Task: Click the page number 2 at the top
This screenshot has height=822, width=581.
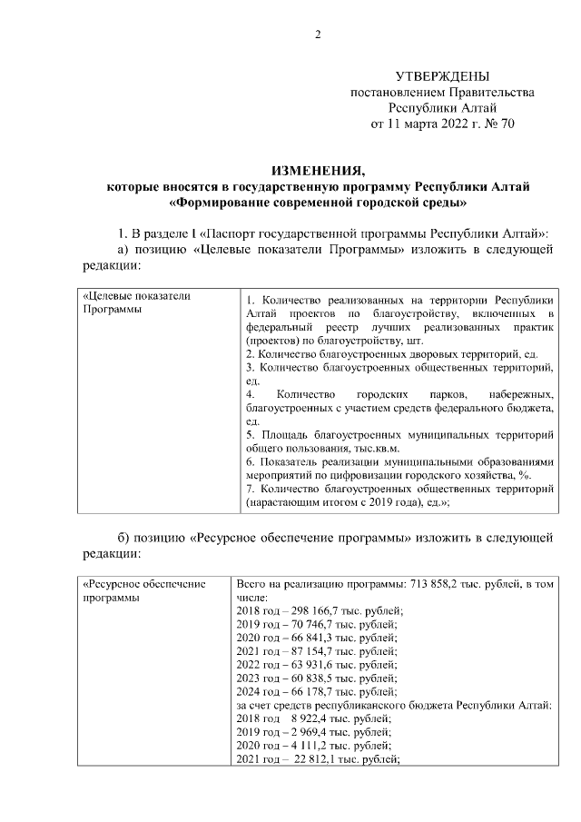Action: [x=318, y=35]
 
